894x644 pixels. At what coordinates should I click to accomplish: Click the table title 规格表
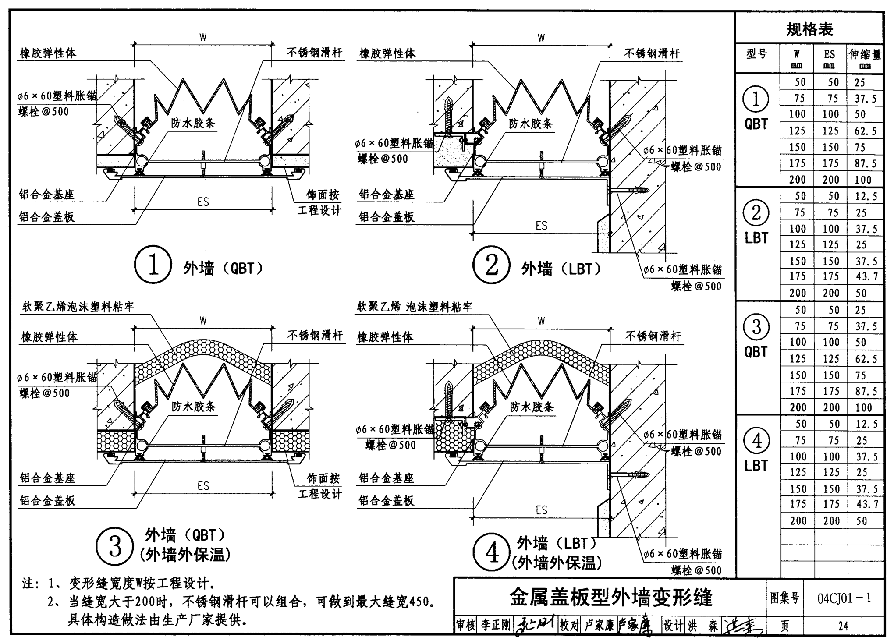pyautogui.click(x=809, y=30)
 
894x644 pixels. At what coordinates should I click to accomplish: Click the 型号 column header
pyautogui.click(x=757, y=54)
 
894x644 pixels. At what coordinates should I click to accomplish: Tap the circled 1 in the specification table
pyautogui.click(x=756, y=99)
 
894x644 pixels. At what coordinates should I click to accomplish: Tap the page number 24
pyautogui.click(x=843, y=626)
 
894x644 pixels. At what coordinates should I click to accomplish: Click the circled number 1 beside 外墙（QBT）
pyautogui.click(x=153, y=265)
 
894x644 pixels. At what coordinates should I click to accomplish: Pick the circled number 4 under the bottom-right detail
pyautogui.click(x=492, y=552)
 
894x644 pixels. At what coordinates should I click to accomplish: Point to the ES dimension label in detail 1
pyautogui.click(x=203, y=202)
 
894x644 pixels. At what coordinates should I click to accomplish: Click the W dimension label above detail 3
pyautogui.click(x=203, y=321)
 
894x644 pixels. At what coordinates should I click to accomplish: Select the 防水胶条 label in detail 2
pyautogui.click(x=531, y=124)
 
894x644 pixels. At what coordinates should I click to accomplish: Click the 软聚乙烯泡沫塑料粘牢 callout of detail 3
pyautogui.click(x=78, y=307)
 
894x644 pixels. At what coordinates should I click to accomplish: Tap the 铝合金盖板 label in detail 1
pyautogui.click(x=47, y=216)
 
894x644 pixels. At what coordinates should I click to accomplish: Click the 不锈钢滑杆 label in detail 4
pyautogui.click(x=653, y=336)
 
